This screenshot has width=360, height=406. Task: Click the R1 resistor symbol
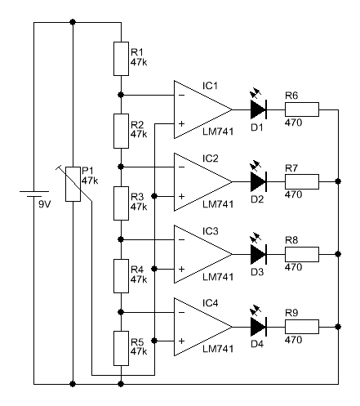121,59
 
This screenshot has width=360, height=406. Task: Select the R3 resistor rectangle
121,203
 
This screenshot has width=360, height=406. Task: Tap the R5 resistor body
121,348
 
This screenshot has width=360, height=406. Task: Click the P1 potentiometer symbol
73,184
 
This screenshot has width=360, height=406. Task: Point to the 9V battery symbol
34,194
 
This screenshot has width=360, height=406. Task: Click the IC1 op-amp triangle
203,109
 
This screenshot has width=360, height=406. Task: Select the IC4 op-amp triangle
203,327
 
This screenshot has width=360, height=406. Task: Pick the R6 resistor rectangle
302,109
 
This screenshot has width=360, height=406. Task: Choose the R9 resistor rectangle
302,327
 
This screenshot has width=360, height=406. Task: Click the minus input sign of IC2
182,167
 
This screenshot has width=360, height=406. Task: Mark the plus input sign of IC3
182,269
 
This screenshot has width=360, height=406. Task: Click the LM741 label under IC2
218,204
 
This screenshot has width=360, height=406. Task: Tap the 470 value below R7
293,194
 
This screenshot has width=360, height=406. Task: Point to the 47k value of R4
139,279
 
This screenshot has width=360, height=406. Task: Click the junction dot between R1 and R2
121,95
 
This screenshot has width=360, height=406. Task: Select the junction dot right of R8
338,254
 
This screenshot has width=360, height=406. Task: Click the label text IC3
211,231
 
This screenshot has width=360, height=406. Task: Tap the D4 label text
257,344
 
